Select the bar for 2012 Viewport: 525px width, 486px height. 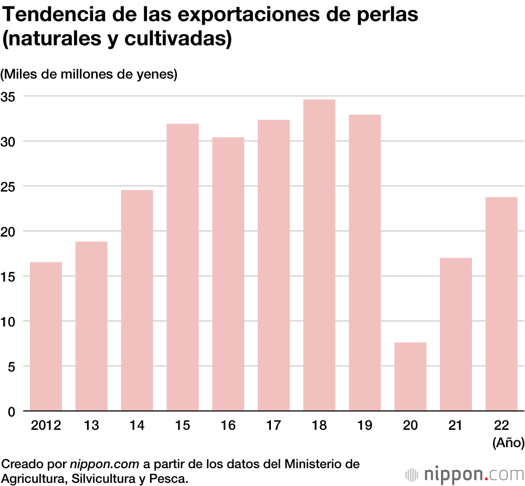pyautogui.click(x=46, y=336)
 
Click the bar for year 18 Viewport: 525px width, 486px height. pyautogui.click(x=319, y=255)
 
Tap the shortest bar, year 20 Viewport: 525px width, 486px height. pyautogui.click(x=410, y=376)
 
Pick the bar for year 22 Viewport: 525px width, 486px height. pyautogui.click(x=501, y=304)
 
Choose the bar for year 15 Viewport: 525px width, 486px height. pyautogui.click(x=183, y=267)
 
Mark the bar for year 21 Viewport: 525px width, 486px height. pyautogui.click(x=456, y=334)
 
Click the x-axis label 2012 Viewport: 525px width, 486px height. pyautogui.click(x=46, y=426)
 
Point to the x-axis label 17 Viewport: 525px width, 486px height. pyautogui.click(x=274, y=426)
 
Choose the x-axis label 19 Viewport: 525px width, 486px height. pyautogui.click(x=364, y=426)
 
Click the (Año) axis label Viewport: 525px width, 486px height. pyautogui.click(x=508, y=443)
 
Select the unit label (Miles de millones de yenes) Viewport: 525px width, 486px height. pyautogui.click(x=89, y=75)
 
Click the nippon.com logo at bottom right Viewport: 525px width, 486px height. pyautogui.click(x=465, y=474)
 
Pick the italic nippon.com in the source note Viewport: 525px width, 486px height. pyautogui.click(x=104, y=464)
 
